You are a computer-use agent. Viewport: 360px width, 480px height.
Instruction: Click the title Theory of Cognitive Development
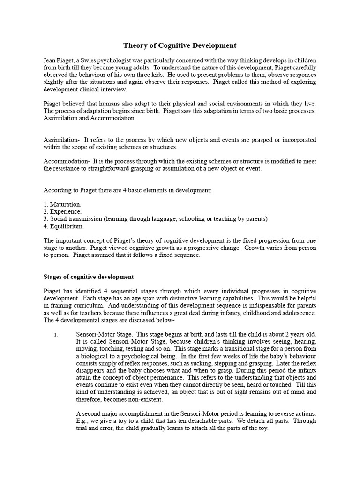tap(180, 45)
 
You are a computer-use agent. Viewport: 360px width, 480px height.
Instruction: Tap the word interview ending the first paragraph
tap(113, 89)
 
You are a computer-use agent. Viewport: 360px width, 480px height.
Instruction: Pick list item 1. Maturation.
tap(62, 204)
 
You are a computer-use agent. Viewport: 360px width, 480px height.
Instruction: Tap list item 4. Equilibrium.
tap(64, 226)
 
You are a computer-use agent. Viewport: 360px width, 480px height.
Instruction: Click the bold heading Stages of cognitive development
tap(89, 277)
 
